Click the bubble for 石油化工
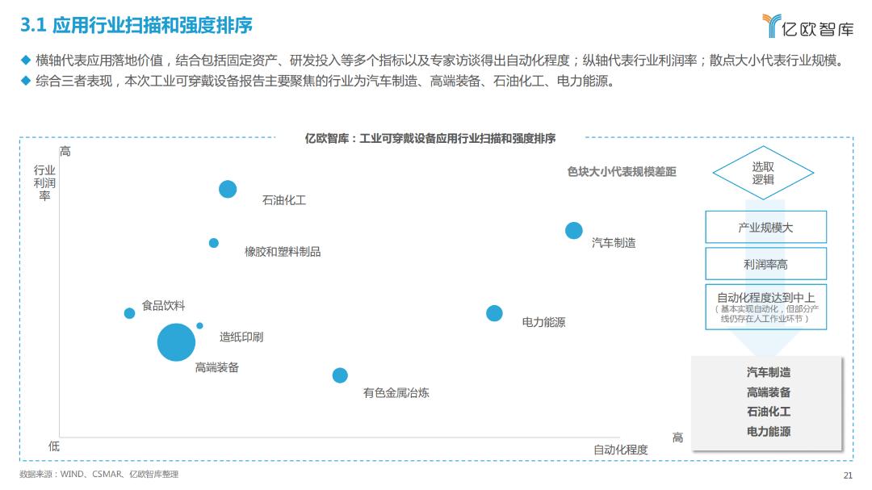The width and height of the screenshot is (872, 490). (x=228, y=189)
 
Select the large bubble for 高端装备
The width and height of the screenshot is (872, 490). (x=176, y=342)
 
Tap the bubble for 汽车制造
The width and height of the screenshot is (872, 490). (x=574, y=230)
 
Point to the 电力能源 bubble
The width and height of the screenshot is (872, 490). (x=494, y=313)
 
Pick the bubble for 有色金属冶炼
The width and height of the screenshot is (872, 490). (x=340, y=375)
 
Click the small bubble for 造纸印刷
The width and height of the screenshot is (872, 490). (x=199, y=326)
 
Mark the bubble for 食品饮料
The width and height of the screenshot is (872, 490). (x=129, y=313)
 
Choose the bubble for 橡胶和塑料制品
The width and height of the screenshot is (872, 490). (x=214, y=243)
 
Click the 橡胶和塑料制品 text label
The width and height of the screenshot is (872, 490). (x=283, y=252)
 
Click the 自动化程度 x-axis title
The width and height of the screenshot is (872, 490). (x=621, y=450)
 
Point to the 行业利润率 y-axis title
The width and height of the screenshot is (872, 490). (x=44, y=182)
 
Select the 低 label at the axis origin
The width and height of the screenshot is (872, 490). (x=54, y=445)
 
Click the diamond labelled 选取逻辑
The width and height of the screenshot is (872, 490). (x=763, y=173)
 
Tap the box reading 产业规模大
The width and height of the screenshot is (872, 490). (x=765, y=228)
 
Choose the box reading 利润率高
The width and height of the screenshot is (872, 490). (x=765, y=264)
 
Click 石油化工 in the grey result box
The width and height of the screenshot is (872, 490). (x=769, y=412)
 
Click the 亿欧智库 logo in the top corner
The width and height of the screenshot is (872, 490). (x=807, y=27)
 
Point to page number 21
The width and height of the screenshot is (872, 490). (x=847, y=475)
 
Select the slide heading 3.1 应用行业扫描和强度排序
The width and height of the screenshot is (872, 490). (x=136, y=26)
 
